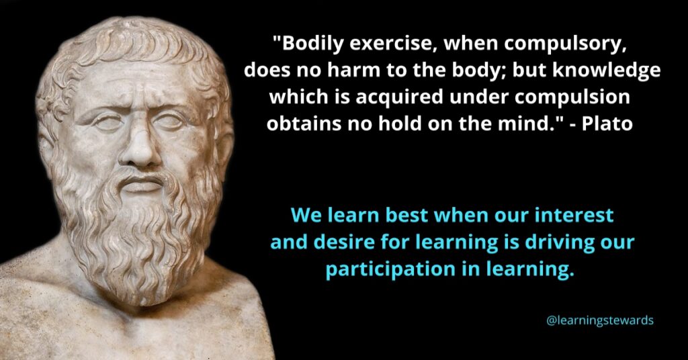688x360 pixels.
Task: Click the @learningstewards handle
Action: (600, 320)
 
